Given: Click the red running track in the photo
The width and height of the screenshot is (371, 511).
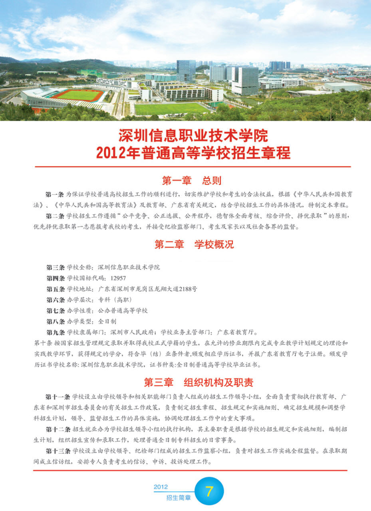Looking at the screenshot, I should [78, 95].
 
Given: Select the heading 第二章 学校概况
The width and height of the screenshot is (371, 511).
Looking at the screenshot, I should [194, 245].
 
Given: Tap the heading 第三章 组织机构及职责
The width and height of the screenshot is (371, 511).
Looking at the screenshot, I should [198, 382].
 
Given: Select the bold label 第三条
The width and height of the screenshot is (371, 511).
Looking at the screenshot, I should [55, 267].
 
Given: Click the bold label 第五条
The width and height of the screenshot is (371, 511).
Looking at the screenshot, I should [55, 289].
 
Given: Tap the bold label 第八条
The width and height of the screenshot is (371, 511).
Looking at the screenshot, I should [55, 321].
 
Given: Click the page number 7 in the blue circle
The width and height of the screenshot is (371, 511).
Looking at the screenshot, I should [209, 491].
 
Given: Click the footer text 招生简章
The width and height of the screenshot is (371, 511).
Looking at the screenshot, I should [179, 498].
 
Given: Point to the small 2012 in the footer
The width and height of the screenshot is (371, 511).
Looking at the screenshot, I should [161, 487].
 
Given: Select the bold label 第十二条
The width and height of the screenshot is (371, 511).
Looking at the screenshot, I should [58, 429].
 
